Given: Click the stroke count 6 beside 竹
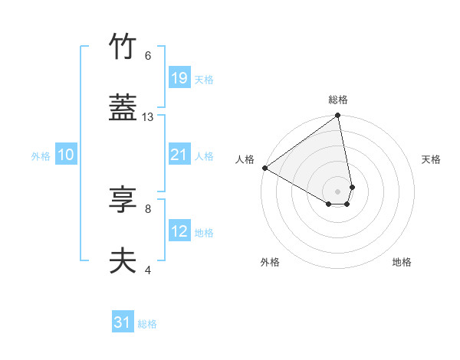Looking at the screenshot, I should [147, 56].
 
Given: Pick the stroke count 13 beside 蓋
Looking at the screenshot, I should [148, 117].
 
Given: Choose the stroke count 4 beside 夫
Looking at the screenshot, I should [147, 270].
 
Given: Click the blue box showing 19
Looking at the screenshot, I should [179, 78].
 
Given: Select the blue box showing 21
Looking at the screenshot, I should [179, 155].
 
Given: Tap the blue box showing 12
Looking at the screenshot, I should [179, 231].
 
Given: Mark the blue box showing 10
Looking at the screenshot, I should [65, 155].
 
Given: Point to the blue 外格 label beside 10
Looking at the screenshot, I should [41, 156].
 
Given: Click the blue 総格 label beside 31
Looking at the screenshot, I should [147, 325].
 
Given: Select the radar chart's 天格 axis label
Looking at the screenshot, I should [431, 159].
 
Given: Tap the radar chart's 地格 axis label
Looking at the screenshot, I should [402, 262].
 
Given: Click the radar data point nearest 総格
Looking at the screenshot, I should [337, 116].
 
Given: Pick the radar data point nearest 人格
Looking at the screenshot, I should [264, 168].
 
